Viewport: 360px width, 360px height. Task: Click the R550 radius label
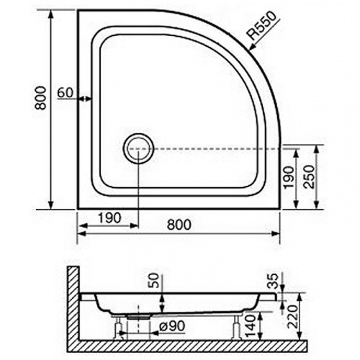[x=262, y=27]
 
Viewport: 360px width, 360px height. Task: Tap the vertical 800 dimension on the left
[x=40, y=98]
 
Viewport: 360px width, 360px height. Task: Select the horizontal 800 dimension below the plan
[x=179, y=225]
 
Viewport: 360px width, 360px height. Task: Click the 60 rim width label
[x=65, y=92]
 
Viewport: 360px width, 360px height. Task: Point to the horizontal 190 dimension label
[x=109, y=218]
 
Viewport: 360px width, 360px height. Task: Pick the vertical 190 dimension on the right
[x=289, y=177]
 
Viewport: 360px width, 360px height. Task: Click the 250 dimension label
[x=309, y=176]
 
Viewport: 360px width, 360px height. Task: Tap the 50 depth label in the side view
[x=156, y=280]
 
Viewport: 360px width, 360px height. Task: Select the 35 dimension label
[x=272, y=281]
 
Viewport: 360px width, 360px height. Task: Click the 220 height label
[x=294, y=317]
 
